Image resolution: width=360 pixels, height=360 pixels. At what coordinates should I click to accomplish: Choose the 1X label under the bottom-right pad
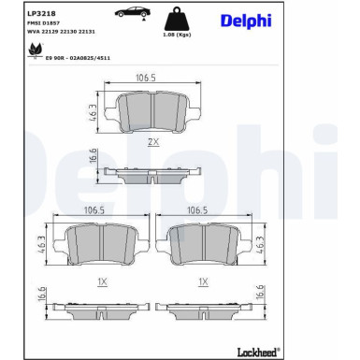[x=203, y=281]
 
